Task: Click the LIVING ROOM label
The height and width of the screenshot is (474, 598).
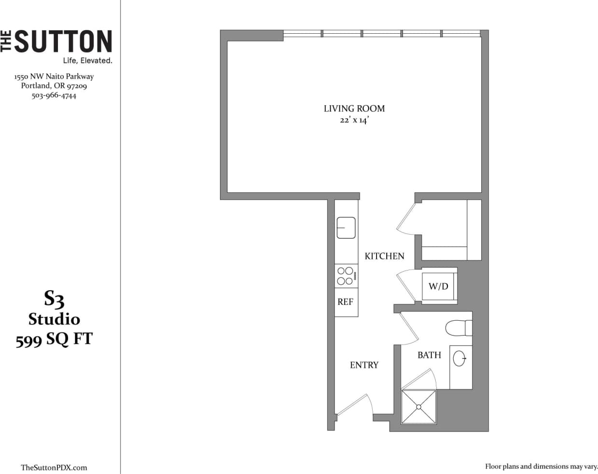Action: [x=354, y=108]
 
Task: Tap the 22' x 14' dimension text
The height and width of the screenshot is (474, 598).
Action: [x=354, y=121]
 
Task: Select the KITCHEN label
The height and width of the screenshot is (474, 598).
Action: [x=384, y=256]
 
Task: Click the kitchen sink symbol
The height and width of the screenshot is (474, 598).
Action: [x=346, y=228]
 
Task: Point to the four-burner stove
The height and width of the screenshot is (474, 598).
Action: [x=346, y=276]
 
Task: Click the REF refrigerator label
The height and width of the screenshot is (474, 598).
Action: [x=345, y=302]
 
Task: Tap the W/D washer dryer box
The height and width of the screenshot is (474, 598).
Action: [x=438, y=286]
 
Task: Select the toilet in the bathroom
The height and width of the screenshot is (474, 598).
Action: [x=458, y=328]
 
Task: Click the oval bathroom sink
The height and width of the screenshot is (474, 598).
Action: [x=460, y=358]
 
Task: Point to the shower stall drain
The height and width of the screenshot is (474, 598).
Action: [x=418, y=407]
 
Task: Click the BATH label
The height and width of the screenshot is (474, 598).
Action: [x=429, y=355]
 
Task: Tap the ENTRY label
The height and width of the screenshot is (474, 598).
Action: [x=364, y=365]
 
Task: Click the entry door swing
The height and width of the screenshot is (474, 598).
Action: [x=355, y=405]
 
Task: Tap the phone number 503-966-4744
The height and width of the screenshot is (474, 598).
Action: [x=54, y=95]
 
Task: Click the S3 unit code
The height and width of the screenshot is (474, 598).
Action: [x=54, y=299]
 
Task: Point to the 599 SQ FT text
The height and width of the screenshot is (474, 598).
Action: [x=54, y=339]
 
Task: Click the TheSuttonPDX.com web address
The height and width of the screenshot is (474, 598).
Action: [x=54, y=467]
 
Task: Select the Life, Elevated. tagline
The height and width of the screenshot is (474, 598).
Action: [x=87, y=61]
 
